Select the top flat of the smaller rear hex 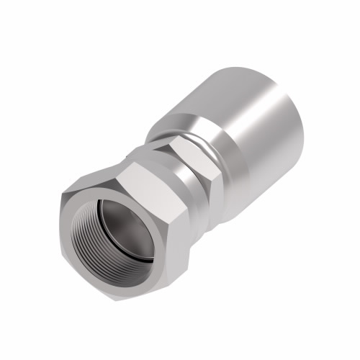click(180, 148)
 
